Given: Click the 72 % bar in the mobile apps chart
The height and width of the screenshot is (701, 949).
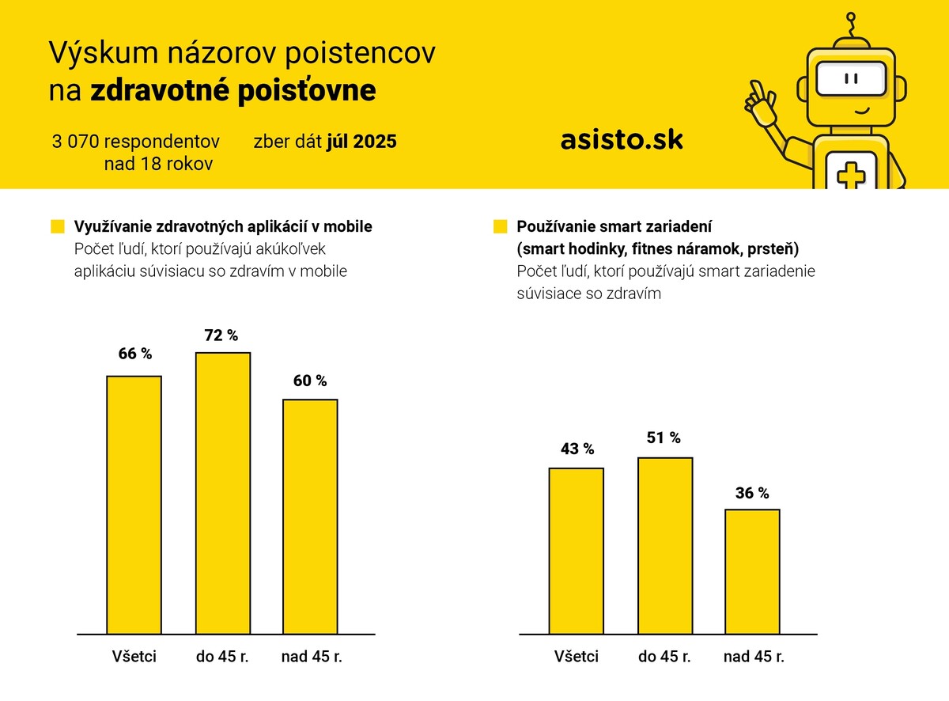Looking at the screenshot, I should pyautogui.click(x=223, y=493).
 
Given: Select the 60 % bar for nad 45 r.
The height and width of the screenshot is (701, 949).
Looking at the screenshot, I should pyautogui.click(x=310, y=516).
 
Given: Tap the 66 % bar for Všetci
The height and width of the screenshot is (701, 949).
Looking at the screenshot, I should pyautogui.click(x=134, y=505).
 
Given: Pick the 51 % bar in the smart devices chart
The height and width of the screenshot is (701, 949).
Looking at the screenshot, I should pyautogui.click(x=665, y=546).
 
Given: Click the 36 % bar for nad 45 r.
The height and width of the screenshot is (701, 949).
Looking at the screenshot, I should pyautogui.click(x=752, y=571).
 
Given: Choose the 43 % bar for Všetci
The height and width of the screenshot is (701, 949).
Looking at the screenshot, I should pyautogui.click(x=577, y=551).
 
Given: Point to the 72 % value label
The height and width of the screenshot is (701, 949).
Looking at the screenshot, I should pyautogui.click(x=221, y=335).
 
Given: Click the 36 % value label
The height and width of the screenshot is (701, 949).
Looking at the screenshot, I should pyautogui.click(x=752, y=493).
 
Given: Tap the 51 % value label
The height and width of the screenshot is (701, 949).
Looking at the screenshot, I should pyautogui.click(x=664, y=438).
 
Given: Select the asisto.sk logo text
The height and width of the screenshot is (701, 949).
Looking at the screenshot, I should pyautogui.click(x=622, y=140).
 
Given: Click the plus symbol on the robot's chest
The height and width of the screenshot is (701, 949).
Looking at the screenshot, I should pyautogui.click(x=851, y=175).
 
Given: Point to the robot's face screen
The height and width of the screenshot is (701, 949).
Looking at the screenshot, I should pyautogui.click(x=851, y=80).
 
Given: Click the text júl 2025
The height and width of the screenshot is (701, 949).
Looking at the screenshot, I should pyautogui.click(x=361, y=142).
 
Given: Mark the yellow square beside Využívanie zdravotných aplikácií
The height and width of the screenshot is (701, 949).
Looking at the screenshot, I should pyautogui.click(x=57, y=227).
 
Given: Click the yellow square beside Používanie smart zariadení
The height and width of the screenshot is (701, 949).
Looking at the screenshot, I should pyautogui.click(x=500, y=227).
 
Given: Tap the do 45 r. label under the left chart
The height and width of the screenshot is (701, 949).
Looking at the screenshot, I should pyautogui.click(x=222, y=657).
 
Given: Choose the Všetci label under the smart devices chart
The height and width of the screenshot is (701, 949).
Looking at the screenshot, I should pyautogui.click(x=577, y=657).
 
